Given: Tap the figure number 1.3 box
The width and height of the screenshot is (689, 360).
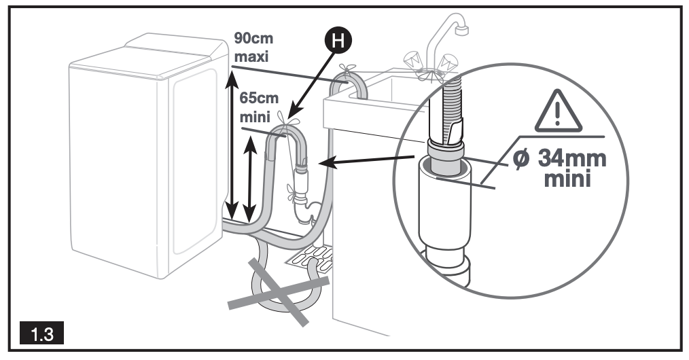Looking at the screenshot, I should pos(39,334).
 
